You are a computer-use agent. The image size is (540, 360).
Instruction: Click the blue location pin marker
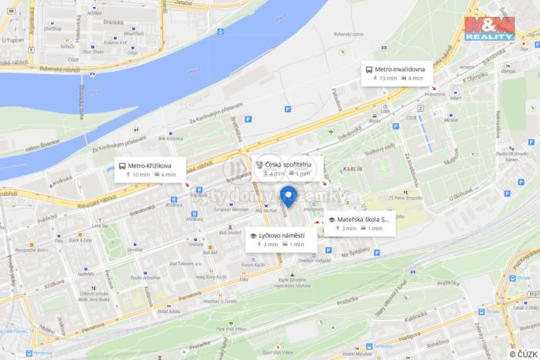click(288, 195)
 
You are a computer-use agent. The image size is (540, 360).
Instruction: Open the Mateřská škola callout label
click(363, 219)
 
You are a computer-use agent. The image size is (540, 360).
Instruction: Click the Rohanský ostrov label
click(348, 34)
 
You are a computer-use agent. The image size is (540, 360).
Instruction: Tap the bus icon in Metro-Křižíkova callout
click(122, 165)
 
